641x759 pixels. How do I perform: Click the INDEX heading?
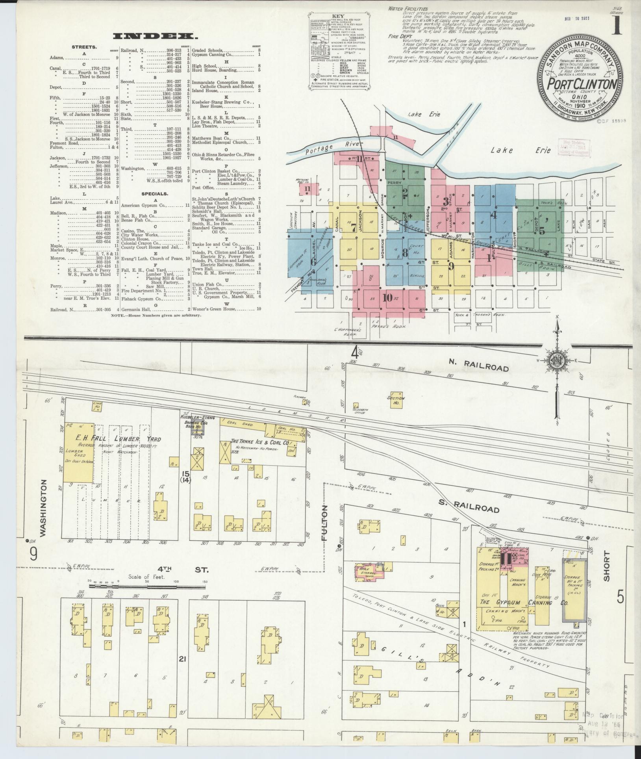pyautogui.click(x=155, y=37)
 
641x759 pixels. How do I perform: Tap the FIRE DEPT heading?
pyautogui.click(x=398, y=36)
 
